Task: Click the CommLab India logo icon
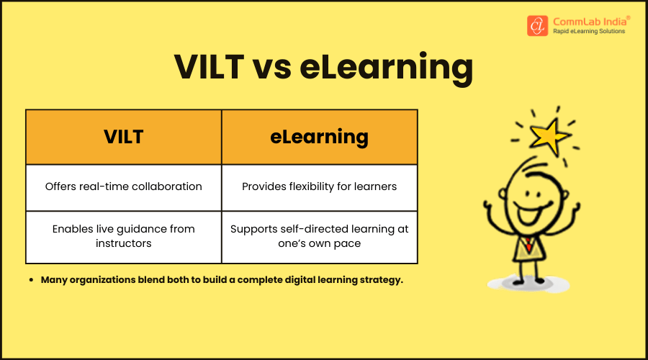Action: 537,25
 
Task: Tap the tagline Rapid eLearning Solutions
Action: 589,32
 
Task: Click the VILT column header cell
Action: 124,137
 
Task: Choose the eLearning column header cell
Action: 320,137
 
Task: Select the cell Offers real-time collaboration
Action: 124,187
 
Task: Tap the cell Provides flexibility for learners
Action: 320,187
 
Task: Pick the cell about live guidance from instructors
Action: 124,236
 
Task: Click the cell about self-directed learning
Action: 320,236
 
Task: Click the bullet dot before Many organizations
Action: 32,279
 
